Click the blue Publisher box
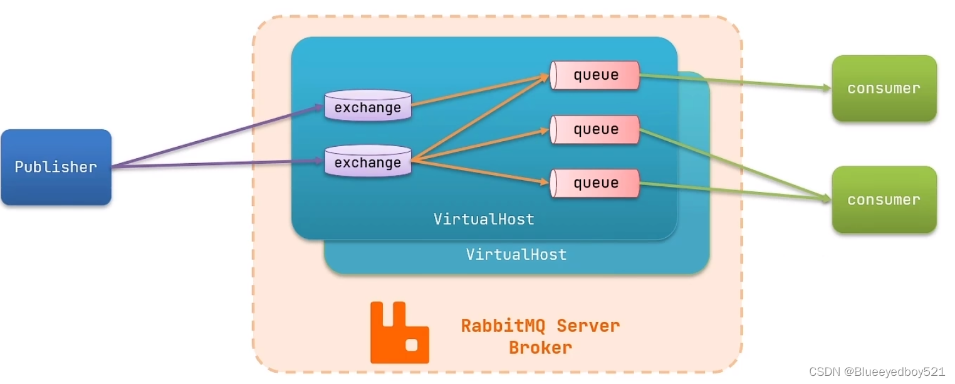pyautogui.click(x=56, y=167)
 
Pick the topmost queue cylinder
pyautogui.click(x=595, y=75)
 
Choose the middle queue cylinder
pyautogui.click(x=595, y=129)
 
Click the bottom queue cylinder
pyautogui.click(x=595, y=183)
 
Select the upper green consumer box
pyautogui.click(x=884, y=88)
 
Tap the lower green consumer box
pyautogui.click(x=884, y=200)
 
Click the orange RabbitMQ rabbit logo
pyautogui.click(x=399, y=333)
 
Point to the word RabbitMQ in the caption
pyautogui.click(x=504, y=326)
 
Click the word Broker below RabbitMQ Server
pyautogui.click(x=540, y=348)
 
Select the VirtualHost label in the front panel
pyautogui.click(x=484, y=219)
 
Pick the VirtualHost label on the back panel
pyautogui.click(x=516, y=254)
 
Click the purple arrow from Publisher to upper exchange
pyautogui.click(x=219, y=136)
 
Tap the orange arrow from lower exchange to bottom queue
pyautogui.click(x=479, y=173)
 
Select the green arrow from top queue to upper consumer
pyautogui.click(x=733, y=82)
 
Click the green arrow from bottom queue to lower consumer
pyautogui.click(x=733, y=191)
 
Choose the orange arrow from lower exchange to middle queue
pyautogui.click(x=479, y=146)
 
